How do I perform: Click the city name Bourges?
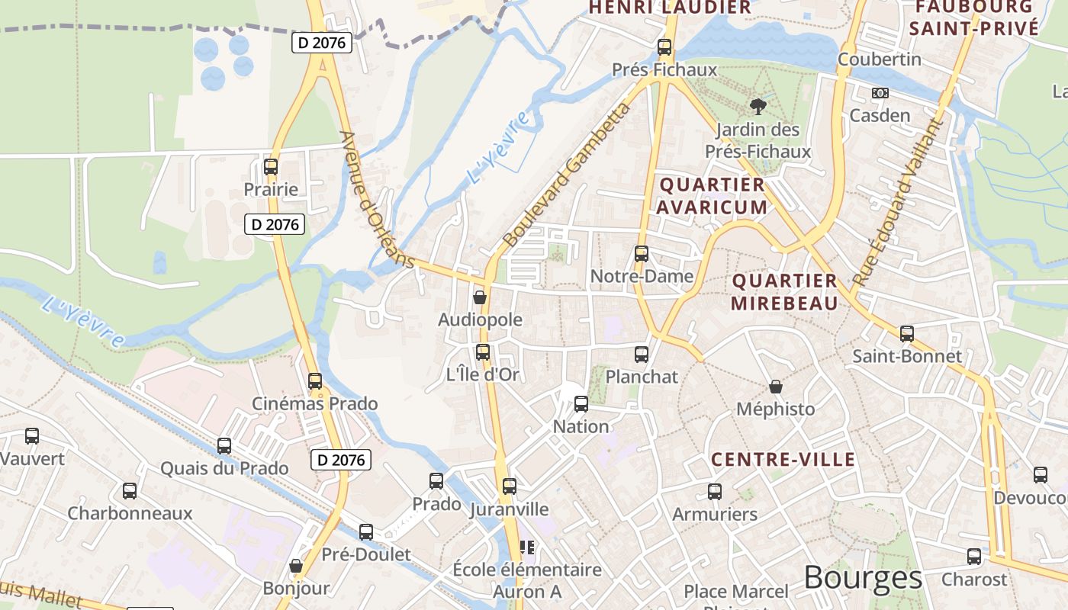[x=863, y=578]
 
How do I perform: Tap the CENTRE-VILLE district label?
[x=783, y=460]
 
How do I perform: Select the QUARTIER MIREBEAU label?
[x=784, y=292]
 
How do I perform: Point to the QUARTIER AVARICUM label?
[x=712, y=196]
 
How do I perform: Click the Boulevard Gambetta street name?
[x=568, y=176]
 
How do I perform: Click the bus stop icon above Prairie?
[x=271, y=167]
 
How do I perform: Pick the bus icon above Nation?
[x=581, y=404]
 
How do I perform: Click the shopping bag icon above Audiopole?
[x=480, y=297]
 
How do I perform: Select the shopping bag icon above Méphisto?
[x=776, y=387]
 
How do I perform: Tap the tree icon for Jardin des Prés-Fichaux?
[x=758, y=107]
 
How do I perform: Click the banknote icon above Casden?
[x=880, y=93]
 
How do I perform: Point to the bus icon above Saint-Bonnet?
[x=907, y=334]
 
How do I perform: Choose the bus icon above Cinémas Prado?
[x=315, y=380]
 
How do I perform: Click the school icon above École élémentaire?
[x=527, y=547]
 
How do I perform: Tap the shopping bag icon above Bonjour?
[x=296, y=566]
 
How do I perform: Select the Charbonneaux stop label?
[x=130, y=513]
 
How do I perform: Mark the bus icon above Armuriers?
[x=715, y=492]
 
